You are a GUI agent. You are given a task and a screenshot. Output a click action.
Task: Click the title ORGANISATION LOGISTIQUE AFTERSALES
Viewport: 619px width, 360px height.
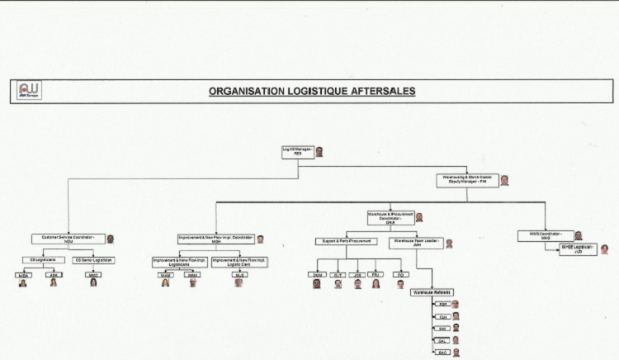[312, 91]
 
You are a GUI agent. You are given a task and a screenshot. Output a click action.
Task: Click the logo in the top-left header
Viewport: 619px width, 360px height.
[30, 91]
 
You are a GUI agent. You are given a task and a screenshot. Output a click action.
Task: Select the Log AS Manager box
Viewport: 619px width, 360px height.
[297, 152]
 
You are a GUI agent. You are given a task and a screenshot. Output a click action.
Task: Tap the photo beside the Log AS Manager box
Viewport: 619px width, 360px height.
[319, 152]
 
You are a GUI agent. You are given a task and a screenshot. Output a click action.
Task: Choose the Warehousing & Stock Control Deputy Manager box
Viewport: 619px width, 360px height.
[467, 180]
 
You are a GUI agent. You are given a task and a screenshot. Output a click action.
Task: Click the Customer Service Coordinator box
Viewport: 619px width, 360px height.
[69, 239]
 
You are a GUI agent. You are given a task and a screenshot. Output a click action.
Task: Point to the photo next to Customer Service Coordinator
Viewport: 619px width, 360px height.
[111, 239]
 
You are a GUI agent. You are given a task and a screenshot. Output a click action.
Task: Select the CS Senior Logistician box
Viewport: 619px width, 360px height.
[94, 260]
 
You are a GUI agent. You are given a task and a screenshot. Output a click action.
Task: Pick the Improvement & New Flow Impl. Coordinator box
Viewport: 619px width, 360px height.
[215, 239]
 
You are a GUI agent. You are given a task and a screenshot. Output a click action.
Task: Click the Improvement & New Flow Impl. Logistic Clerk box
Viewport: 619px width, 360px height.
[238, 263]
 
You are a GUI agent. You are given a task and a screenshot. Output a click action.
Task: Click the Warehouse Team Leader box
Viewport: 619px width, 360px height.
[416, 243]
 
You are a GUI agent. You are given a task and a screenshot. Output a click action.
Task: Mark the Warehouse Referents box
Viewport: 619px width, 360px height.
[432, 292]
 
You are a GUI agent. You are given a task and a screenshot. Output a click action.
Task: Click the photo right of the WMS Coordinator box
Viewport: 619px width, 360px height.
[579, 235]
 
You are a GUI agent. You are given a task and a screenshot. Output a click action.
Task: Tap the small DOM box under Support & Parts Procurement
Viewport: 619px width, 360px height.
[316, 274]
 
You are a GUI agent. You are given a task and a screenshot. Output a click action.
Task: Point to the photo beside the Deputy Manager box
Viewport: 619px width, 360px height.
[505, 180]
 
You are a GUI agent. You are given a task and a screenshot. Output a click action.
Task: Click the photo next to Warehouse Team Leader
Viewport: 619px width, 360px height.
[450, 244]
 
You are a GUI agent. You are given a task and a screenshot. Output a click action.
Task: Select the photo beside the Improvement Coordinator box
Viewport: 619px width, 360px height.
[260, 239]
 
